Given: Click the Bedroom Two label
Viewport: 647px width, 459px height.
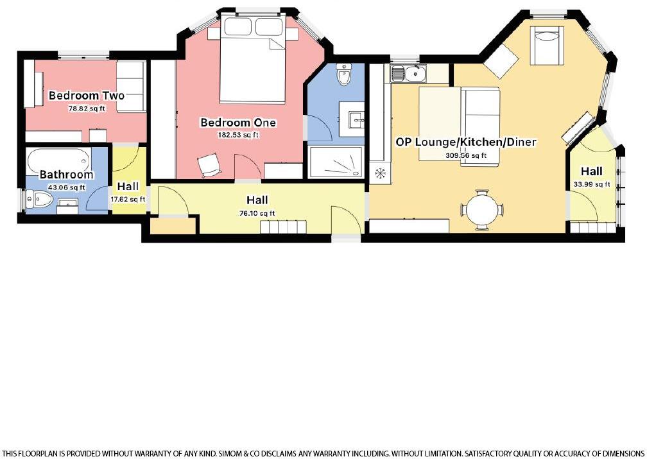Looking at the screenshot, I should (87, 96).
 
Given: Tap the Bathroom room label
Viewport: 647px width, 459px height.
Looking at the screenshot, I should (66, 175).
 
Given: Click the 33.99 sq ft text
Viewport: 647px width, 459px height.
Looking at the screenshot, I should (592, 184).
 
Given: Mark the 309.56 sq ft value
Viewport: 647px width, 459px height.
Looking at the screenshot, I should (465, 155).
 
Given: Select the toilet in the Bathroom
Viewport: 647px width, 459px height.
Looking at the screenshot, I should (38, 200).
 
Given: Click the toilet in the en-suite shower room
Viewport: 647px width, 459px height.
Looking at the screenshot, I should (345, 75).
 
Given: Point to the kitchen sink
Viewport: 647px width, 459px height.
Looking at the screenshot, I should (406, 74).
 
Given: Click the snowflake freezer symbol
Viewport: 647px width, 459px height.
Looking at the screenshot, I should (379, 173).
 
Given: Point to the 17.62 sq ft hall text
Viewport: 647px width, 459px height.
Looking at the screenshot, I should (128, 199).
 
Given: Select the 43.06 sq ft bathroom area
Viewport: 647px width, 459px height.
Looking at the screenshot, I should (67, 187).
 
